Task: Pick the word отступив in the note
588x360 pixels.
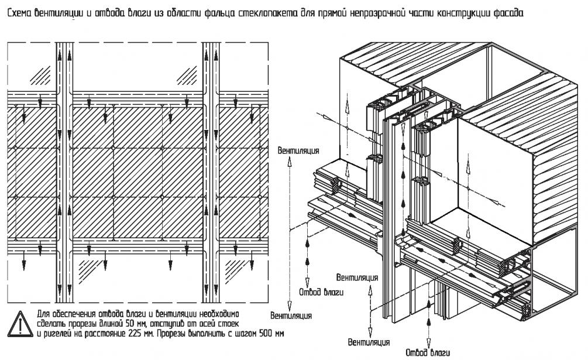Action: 167,324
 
